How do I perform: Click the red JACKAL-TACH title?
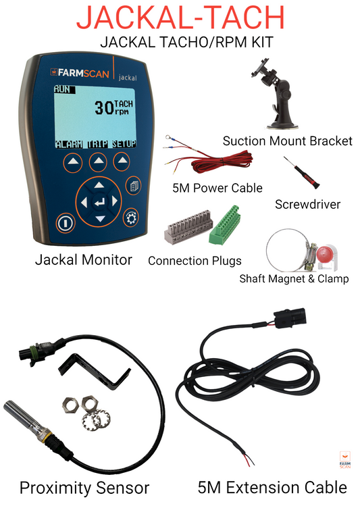coord(180,17)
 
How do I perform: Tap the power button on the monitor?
coord(66,223)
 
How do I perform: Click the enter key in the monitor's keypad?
coord(99,202)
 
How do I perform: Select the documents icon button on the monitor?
coord(134,186)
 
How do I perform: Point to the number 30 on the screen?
coord(103,107)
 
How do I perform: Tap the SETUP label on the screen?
coord(124,144)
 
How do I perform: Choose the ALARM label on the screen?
coord(69,144)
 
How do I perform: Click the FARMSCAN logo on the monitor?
coord(80,73)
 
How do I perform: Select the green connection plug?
coord(225,225)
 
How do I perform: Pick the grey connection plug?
coord(189,226)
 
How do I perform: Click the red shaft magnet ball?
coord(324,255)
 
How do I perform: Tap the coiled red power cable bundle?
coord(222,161)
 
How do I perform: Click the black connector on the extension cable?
coord(290,318)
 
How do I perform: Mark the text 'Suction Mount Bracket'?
coord(288,141)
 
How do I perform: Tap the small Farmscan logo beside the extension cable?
coord(345,459)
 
